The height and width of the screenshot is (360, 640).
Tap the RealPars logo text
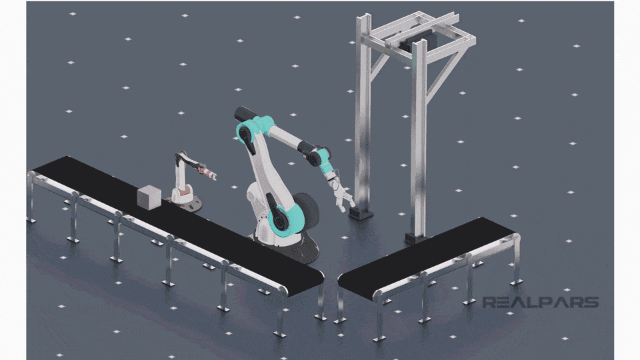coord(540,303)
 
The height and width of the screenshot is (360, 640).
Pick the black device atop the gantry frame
coord(418,41)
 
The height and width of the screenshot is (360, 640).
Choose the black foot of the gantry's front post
coord(360,213)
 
